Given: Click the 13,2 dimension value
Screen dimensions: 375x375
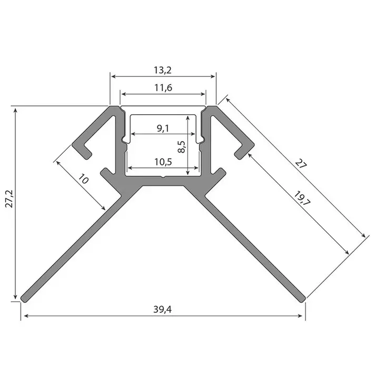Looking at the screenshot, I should tap(163, 70).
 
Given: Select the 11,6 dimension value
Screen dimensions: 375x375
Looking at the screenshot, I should tap(163, 88).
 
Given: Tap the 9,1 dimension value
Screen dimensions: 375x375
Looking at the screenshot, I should tap(163, 128).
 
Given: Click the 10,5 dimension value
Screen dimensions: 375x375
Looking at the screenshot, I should tap(163, 162).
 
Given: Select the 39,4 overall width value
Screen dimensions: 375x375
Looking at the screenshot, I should tap(163, 310).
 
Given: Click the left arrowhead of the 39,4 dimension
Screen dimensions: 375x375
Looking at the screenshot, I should tap(24, 317).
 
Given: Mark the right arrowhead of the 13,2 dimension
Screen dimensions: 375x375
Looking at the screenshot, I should tap(213, 76).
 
